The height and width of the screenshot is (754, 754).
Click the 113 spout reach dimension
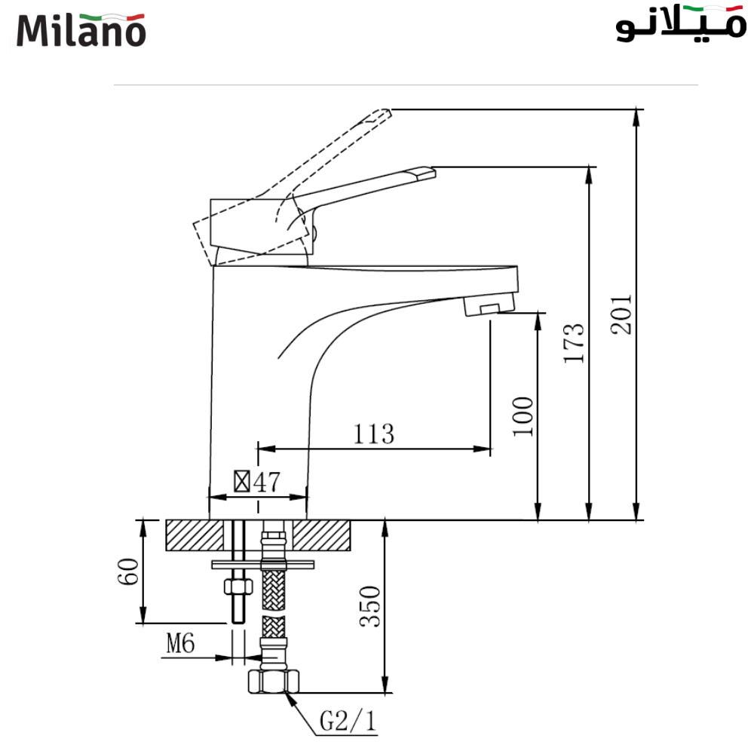point(373,434)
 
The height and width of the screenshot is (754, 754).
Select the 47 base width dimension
point(266,482)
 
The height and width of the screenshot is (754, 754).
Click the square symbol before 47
point(242,481)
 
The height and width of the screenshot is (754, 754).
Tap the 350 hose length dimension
point(369,607)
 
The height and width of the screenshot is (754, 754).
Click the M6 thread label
point(180,643)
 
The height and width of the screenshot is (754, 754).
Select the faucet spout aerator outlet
point(489,307)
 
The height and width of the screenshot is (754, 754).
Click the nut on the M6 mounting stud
point(237,587)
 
